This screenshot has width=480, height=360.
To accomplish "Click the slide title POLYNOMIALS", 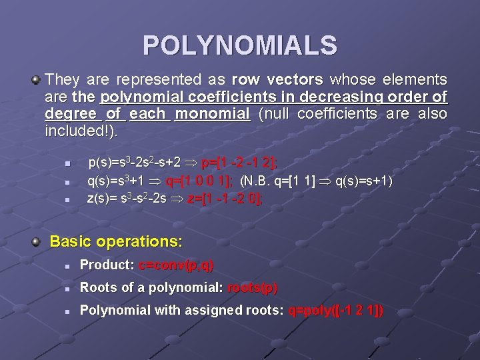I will pyautogui.click(x=240, y=46).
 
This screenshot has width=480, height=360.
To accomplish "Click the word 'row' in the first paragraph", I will pyautogui.click(x=247, y=80).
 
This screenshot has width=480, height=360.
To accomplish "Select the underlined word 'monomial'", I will pyautogui.click(x=212, y=114).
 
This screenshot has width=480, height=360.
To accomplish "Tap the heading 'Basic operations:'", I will pyautogui.click(x=116, y=241).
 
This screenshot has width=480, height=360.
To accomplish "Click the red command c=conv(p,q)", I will pyautogui.click(x=176, y=265).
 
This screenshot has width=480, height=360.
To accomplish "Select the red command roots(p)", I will pyautogui.click(x=253, y=287).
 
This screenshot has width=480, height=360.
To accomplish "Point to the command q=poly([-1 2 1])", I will pyautogui.click(x=335, y=310).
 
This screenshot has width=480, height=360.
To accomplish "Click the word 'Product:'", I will pyautogui.click(x=107, y=265).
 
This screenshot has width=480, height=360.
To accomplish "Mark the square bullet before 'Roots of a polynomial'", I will pyautogui.click(x=67, y=288).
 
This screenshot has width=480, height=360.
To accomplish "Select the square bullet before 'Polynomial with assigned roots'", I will pyautogui.click(x=67, y=311).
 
